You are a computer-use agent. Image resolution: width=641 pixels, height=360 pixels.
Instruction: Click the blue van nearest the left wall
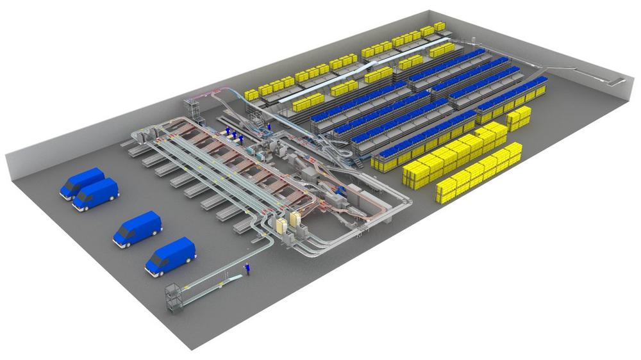(81, 183)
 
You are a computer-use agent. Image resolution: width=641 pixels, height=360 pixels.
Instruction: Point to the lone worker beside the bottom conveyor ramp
(247, 270)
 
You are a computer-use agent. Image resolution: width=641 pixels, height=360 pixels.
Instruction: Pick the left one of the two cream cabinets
(281, 225)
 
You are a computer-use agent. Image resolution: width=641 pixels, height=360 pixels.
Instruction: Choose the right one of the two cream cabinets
(295, 220)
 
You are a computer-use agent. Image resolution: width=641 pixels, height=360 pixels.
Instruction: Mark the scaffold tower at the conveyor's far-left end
(193, 109)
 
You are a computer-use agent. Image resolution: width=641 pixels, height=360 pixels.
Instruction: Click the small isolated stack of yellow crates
(519, 117)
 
